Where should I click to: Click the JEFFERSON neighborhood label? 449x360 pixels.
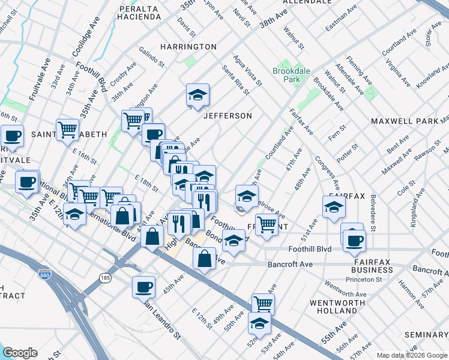click(228, 115)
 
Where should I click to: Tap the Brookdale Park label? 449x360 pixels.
click(291, 74)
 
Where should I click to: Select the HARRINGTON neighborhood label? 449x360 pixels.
click(188, 46)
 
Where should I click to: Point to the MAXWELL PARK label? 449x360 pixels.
click(405, 121)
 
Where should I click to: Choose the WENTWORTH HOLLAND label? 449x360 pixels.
click(334, 307)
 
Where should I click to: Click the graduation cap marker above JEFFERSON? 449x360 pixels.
click(197, 94)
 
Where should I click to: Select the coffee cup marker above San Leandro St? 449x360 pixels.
click(143, 287)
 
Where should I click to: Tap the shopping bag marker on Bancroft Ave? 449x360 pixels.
click(204, 259)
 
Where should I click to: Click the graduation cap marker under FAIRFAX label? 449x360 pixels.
click(334, 206)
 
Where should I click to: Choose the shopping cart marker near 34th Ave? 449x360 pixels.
click(67, 130)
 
